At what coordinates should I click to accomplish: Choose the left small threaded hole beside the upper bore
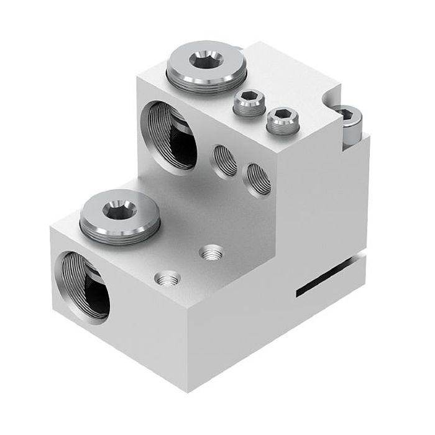tap(222, 160)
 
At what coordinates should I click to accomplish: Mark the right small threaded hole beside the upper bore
tap(256, 178)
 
